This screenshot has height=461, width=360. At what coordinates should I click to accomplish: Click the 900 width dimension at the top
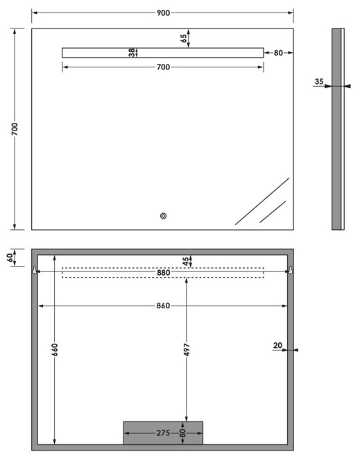pyautogui.click(x=163, y=13)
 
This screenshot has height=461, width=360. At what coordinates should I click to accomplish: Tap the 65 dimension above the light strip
pyautogui.click(x=184, y=38)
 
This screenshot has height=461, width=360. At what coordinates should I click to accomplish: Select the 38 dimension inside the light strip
pyautogui.click(x=132, y=53)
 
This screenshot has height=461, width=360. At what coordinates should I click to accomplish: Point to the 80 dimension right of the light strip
pyautogui.click(x=278, y=53)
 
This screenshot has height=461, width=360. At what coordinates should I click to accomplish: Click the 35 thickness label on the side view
pyautogui.click(x=319, y=81)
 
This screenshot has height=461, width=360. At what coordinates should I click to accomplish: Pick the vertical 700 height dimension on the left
pyautogui.click(x=15, y=129)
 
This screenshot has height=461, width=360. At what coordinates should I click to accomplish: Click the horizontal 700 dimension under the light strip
pyautogui.click(x=163, y=67)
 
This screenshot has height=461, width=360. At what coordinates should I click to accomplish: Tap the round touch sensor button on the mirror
pyautogui.click(x=163, y=216)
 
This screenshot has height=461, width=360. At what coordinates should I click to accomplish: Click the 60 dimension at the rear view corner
pyautogui.click(x=10, y=258)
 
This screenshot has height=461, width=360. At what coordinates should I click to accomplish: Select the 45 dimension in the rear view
pyautogui.click(x=186, y=261)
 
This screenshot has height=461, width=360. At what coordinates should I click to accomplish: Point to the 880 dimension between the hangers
pyautogui.click(x=163, y=273)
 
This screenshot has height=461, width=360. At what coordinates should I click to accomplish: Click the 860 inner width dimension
pyautogui.click(x=163, y=305)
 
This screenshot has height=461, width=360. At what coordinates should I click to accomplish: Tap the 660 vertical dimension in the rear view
pyautogui.click(x=55, y=350)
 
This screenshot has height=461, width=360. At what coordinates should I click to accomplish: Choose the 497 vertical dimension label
pyautogui.click(x=187, y=350)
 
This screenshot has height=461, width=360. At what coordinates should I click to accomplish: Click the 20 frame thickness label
pyautogui.click(x=277, y=346)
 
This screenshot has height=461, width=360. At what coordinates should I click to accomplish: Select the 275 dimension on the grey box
pyautogui.click(x=163, y=433)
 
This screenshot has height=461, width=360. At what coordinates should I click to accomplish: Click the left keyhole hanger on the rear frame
pyautogui.click(x=35, y=270)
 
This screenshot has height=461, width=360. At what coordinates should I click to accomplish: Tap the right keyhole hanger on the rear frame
pyautogui.click(x=291, y=270)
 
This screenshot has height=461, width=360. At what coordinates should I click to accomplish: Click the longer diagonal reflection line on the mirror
pyautogui.click(x=262, y=201)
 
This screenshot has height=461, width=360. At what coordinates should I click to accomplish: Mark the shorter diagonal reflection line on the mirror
pyautogui.click(x=273, y=212)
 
